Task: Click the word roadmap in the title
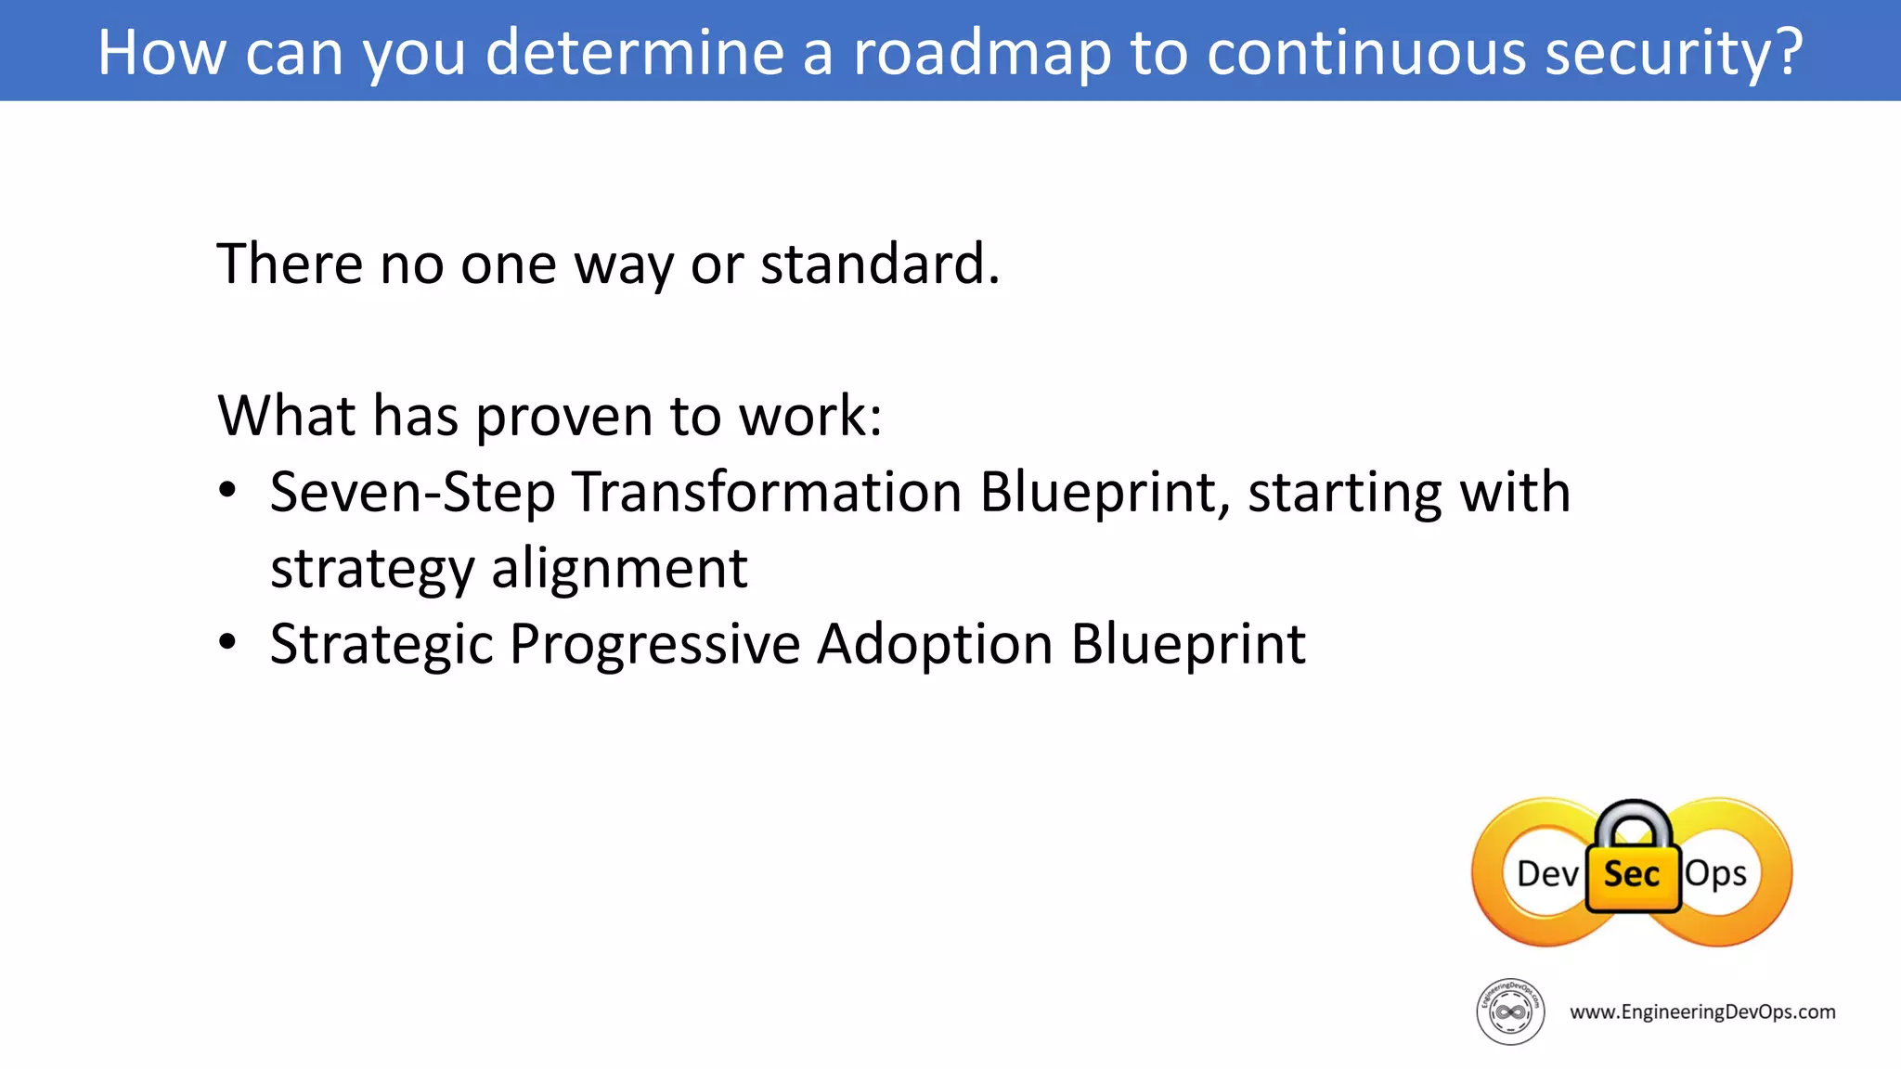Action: point(982,53)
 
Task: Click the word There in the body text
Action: point(290,264)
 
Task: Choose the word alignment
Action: point(619,568)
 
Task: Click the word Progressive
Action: point(654,644)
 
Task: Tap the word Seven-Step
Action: point(412,492)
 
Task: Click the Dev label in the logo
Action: point(1546,874)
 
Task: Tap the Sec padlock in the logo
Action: point(1633,863)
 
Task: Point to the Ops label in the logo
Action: point(1715,874)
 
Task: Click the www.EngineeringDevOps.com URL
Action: point(1702,1012)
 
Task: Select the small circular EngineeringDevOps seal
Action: point(1510,1011)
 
